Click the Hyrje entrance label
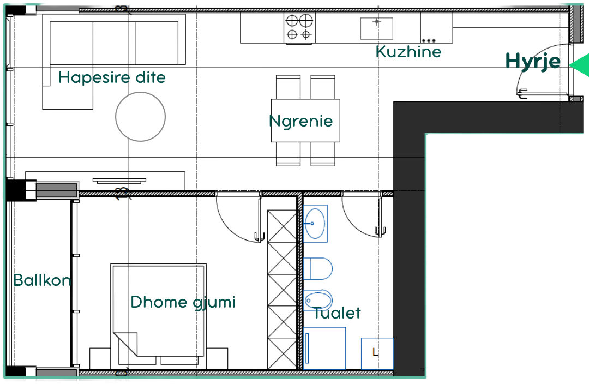(533, 61)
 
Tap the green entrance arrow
(580, 65)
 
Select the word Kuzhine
(408, 51)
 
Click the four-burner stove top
(299, 28)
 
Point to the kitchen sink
(376, 28)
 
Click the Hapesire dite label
(112, 77)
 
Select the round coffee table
(141, 117)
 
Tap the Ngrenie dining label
(301, 121)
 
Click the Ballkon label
(42, 280)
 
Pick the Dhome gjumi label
(183, 303)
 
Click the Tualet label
(337, 313)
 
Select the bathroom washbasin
(315, 224)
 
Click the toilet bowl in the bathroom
(318, 269)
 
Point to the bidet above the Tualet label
(318, 300)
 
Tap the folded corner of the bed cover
(126, 343)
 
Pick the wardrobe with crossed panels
(282, 289)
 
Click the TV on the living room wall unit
(119, 181)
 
